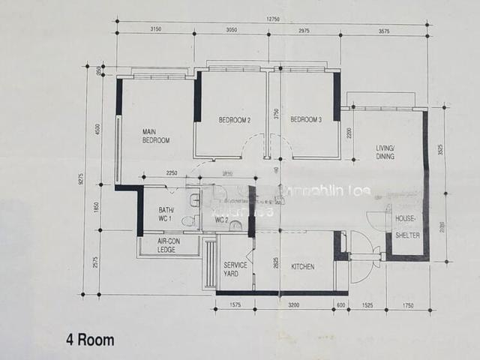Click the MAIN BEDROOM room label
tap(156, 136)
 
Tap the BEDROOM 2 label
tap(234, 120)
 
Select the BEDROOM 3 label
tap(306, 120)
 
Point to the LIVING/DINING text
tap(390, 153)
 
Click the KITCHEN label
tap(302, 267)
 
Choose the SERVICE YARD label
tap(235, 269)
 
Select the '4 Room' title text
tap(90, 340)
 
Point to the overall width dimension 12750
tap(271, 19)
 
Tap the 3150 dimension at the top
tap(155, 29)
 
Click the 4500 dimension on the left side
tap(97, 129)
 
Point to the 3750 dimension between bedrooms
tap(276, 114)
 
